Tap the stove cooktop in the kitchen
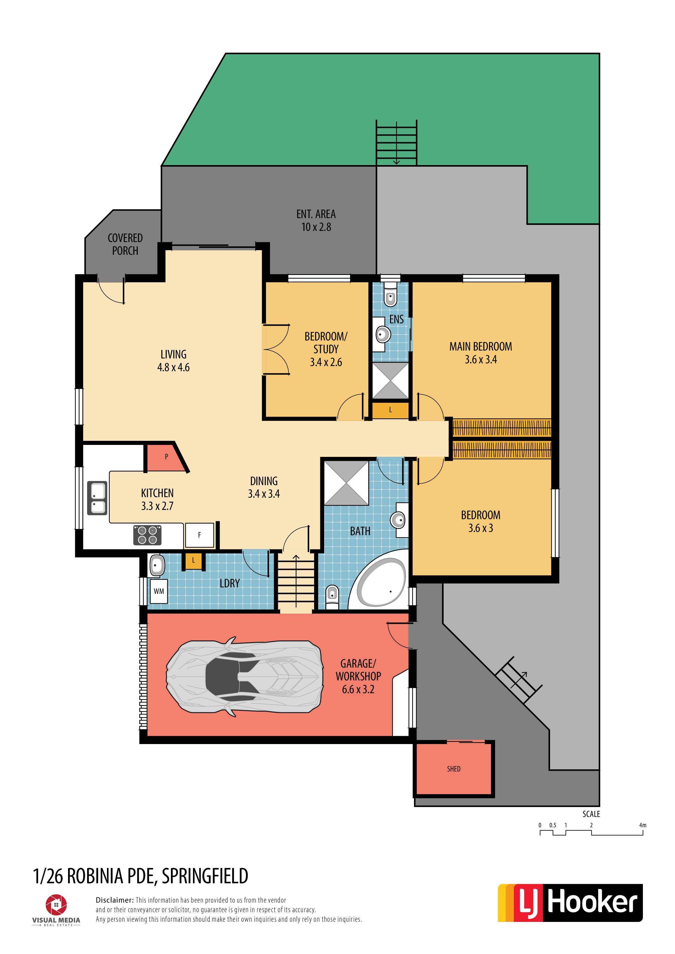tap(147, 535)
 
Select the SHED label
tap(454, 769)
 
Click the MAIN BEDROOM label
tap(480, 346)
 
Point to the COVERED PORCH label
tap(125, 244)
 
